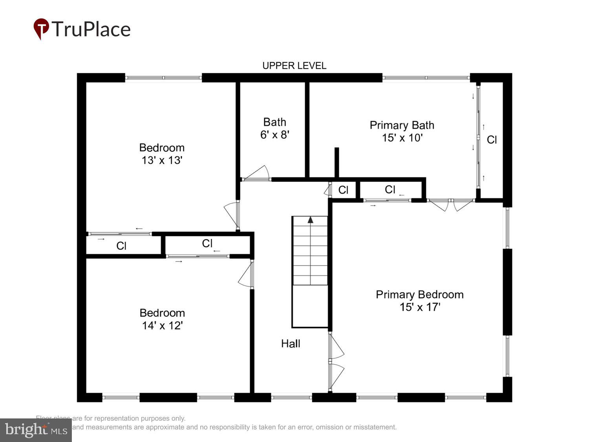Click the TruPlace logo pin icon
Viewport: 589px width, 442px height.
[x=41, y=29]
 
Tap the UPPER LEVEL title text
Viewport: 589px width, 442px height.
[x=294, y=66]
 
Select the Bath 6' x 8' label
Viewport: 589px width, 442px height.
[x=274, y=128]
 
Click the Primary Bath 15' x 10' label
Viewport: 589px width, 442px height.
[x=402, y=131]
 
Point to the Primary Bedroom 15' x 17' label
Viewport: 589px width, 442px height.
[x=419, y=301]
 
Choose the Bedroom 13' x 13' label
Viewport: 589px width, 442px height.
[x=162, y=154]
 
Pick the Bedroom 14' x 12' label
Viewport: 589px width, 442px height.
[x=162, y=319]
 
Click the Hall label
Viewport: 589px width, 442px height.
[x=291, y=344]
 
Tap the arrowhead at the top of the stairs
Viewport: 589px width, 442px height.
[x=311, y=220]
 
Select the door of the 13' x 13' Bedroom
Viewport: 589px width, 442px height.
[x=232, y=214]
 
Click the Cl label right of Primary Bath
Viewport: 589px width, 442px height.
[x=492, y=140]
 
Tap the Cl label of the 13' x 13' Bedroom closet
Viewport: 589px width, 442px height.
[x=121, y=246]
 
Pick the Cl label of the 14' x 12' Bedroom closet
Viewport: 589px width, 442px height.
[x=207, y=244]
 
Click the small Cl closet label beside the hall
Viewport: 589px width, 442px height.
[x=343, y=190]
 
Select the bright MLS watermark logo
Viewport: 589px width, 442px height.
[x=36, y=430]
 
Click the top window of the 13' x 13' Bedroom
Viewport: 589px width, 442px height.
[x=163, y=78]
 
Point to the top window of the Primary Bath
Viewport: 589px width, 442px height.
[x=426, y=78]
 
